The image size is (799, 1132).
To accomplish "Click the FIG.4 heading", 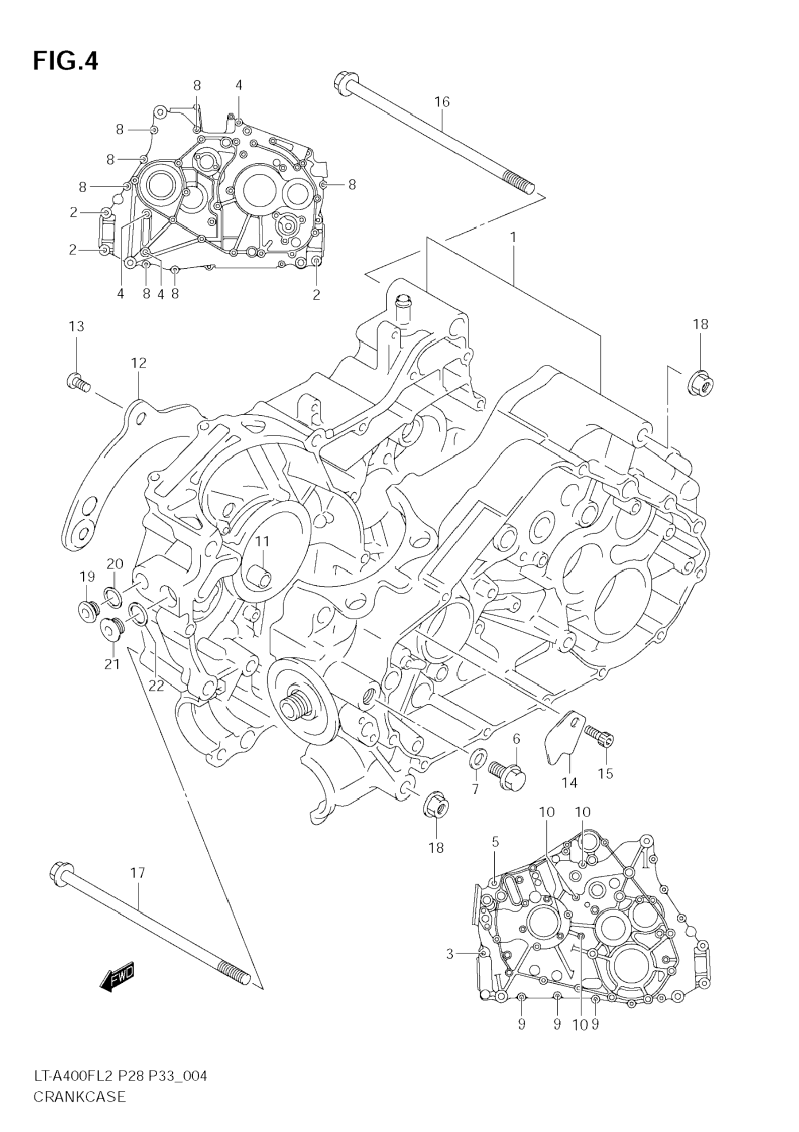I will [x=66, y=62].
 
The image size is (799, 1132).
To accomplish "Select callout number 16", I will [x=442, y=102].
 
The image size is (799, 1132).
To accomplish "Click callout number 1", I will [x=513, y=238].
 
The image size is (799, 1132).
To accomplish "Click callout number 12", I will [x=139, y=363].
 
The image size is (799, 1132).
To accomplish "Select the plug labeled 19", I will [x=89, y=611].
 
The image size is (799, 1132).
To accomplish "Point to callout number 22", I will [x=156, y=686].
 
